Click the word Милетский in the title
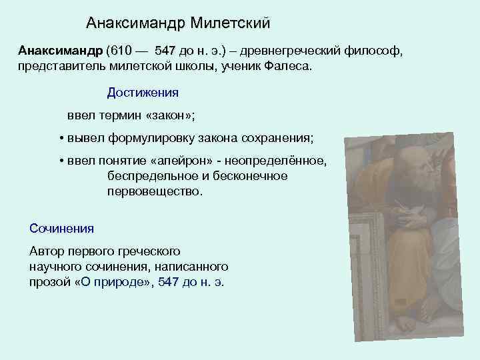click(230, 23)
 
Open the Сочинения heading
click(62, 228)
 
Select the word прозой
click(51, 282)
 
